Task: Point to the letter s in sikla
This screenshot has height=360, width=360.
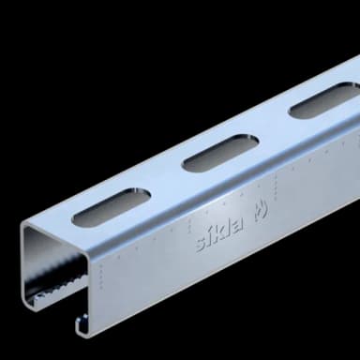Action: [x=200, y=247]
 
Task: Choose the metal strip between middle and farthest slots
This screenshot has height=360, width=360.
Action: [x=267, y=128]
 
